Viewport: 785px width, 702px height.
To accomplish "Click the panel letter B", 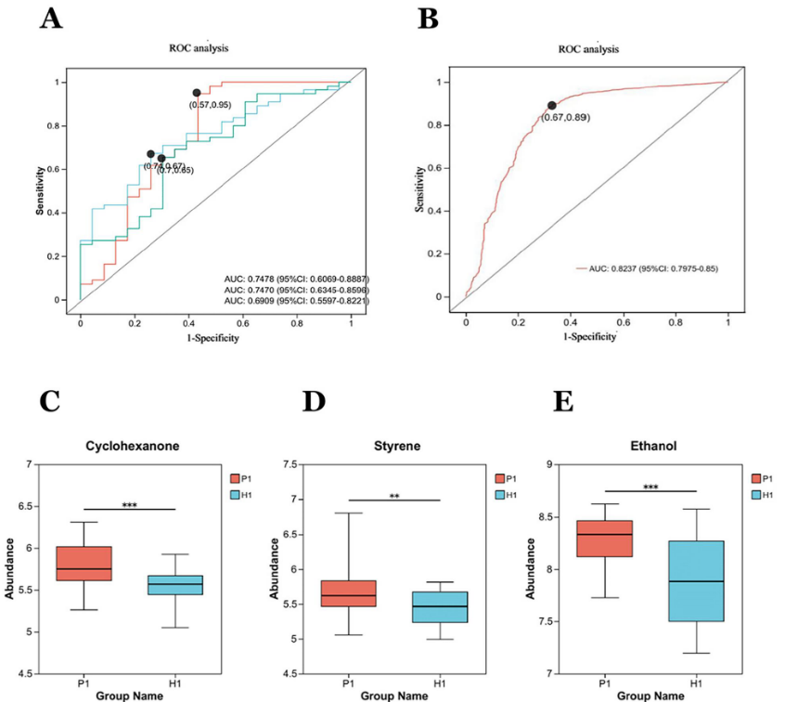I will pos(429,19).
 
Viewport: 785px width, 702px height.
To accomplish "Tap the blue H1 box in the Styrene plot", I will pos(440,606).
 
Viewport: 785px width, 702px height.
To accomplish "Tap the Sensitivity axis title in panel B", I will pos(422,190).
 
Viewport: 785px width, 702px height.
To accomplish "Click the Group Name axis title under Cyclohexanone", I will pos(130,692).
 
